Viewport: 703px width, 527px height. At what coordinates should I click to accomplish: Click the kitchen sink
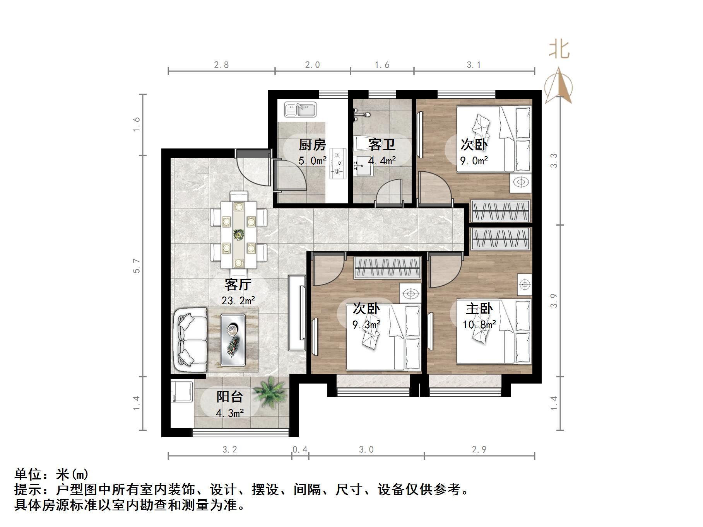click(x=300, y=109)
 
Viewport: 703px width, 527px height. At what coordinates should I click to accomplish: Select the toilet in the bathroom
click(x=363, y=145)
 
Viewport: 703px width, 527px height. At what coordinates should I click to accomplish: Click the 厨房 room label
click(x=312, y=145)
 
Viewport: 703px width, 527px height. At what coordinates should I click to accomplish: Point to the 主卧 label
click(x=479, y=309)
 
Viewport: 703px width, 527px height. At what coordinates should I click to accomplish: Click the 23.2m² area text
click(x=238, y=300)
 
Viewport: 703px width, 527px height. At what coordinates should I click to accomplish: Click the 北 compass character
click(x=559, y=50)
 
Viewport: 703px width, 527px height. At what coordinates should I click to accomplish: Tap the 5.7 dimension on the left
click(x=137, y=266)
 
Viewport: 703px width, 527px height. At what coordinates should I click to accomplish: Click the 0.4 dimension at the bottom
click(x=300, y=450)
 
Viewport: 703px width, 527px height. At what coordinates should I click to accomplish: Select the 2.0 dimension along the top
click(x=312, y=65)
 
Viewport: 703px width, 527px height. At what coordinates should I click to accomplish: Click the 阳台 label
click(x=229, y=397)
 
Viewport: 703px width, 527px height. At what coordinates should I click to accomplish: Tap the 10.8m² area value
click(x=479, y=325)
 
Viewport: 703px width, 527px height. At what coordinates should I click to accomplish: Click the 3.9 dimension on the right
click(x=554, y=300)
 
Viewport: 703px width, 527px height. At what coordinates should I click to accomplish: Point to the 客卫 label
click(x=382, y=145)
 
